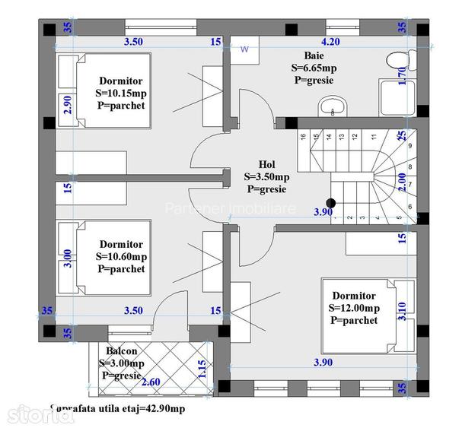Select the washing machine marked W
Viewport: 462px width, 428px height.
tap(244, 50)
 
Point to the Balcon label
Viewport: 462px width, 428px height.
tap(121, 351)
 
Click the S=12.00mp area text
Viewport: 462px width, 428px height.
tap(354, 308)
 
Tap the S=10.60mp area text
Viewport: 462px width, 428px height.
tap(122, 257)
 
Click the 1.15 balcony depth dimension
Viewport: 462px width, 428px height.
tap(202, 369)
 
